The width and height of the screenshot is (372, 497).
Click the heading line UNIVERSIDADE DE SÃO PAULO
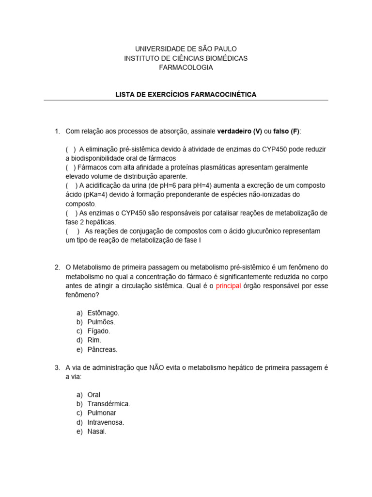click(x=186, y=49)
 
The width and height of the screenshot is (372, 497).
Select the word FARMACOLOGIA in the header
click(x=186, y=67)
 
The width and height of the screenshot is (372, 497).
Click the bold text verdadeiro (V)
click(x=239, y=132)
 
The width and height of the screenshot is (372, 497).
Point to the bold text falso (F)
click(x=287, y=132)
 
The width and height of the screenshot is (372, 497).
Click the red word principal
click(x=228, y=286)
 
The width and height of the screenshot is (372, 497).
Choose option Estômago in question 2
click(x=103, y=313)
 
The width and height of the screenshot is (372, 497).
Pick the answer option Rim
click(x=94, y=340)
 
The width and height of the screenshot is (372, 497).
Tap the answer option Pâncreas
click(x=102, y=349)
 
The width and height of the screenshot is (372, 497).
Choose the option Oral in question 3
click(x=94, y=395)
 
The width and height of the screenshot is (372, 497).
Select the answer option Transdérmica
click(x=108, y=404)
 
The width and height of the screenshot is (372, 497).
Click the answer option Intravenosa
click(x=106, y=422)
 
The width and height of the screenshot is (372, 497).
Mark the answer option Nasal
click(x=96, y=431)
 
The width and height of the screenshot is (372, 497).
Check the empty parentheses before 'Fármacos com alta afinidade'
click(x=71, y=167)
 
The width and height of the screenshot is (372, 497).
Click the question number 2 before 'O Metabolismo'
click(x=57, y=267)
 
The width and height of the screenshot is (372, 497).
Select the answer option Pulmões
click(x=101, y=322)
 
